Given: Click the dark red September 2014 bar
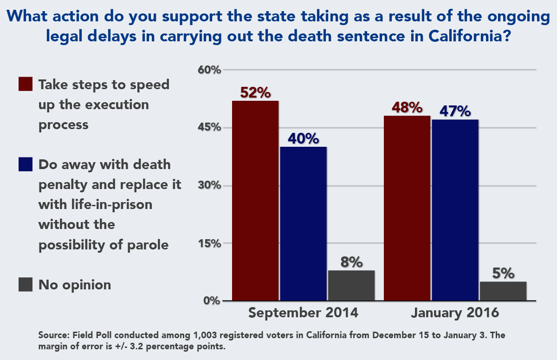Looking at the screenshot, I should [255, 201].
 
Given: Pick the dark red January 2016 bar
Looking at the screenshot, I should [407, 208].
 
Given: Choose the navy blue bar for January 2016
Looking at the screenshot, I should [455, 210].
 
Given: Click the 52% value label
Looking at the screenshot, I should [255, 92].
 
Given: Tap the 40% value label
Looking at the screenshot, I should [303, 138].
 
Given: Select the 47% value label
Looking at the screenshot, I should [455, 111].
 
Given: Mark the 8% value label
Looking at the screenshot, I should [351, 262].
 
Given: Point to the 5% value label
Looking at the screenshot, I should [503, 273].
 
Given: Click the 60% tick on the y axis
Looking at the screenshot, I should [209, 70].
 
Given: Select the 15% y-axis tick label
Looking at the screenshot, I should [209, 243].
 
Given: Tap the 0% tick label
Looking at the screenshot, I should [211, 301].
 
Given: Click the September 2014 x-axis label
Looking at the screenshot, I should [303, 313].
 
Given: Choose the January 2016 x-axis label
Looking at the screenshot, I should [455, 313].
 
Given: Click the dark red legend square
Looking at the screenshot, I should [26, 85].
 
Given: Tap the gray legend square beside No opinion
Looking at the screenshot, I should [26, 284].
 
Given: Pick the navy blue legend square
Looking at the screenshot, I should [26, 164].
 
